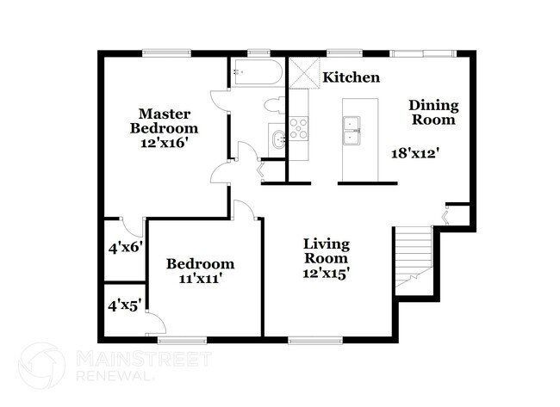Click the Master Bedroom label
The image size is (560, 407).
click(x=165, y=121)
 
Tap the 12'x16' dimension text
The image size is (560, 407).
click(x=165, y=144)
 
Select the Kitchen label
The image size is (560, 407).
click(x=351, y=77)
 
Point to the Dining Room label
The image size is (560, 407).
click(x=433, y=113)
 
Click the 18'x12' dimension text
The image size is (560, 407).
click(x=416, y=153)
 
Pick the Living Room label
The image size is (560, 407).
click(x=326, y=250)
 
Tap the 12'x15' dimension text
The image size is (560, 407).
click(x=326, y=273)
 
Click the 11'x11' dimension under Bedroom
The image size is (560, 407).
click(x=200, y=279)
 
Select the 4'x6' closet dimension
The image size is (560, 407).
click(x=124, y=247)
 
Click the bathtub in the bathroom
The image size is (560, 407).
click(x=255, y=72)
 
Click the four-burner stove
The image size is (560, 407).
click(x=298, y=128)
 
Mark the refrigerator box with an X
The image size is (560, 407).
click(x=303, y=72)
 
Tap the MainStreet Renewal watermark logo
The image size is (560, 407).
click(x=41, y=365)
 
